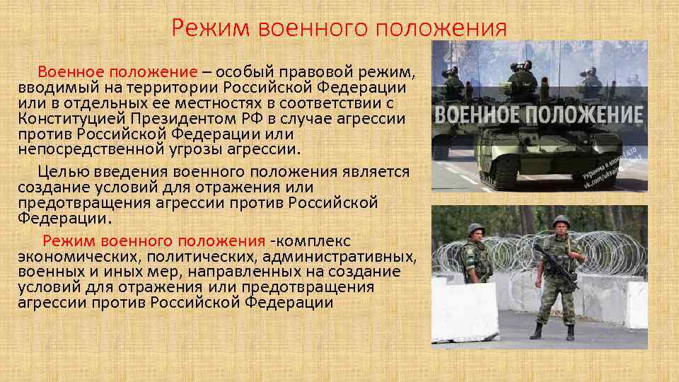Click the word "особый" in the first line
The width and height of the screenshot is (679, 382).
[246, 72]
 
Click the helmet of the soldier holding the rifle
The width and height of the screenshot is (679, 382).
[560, 221]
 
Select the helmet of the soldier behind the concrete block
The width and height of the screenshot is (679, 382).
[475, 229]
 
